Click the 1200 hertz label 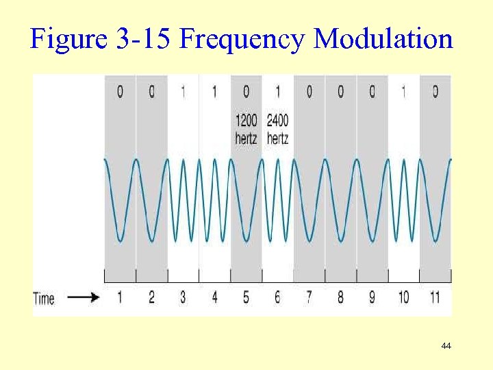246,129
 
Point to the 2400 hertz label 277,129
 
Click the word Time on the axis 44,298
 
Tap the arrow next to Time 84,298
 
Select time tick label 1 120,297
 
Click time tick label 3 183,297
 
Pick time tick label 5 246,297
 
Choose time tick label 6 277,297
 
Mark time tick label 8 340,297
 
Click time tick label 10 403,297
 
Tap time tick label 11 435,297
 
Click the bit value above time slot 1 120,92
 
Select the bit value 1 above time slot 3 183,92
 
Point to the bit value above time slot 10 403,92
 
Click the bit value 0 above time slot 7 309,92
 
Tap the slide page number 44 446,347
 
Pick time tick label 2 151,297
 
